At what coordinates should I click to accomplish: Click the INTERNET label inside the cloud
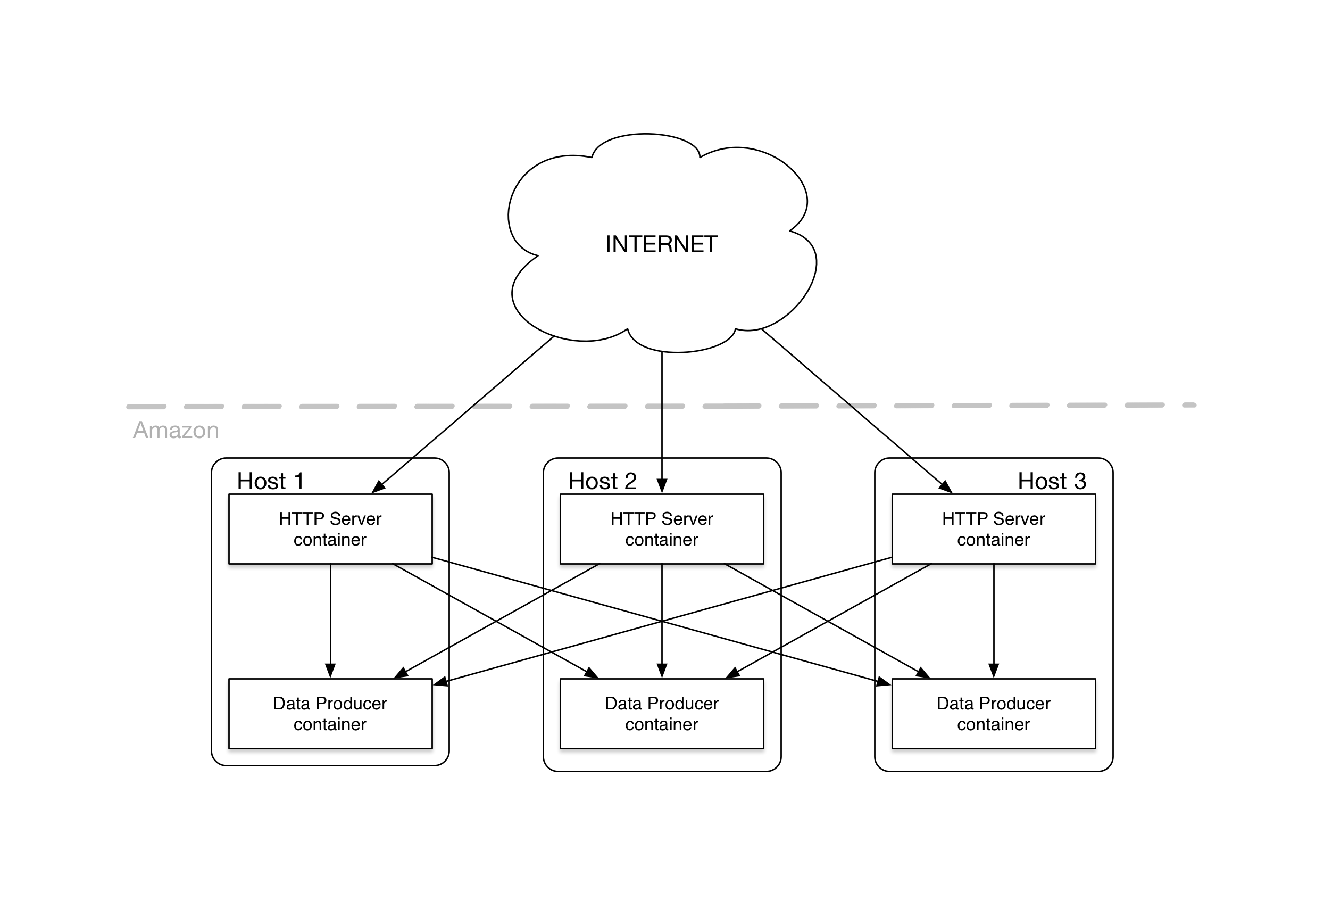[661, 244]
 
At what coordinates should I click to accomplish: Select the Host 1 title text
[270, 481]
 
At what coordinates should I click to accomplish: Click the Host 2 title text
[602, 481]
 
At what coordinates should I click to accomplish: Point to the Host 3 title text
[1052, 481]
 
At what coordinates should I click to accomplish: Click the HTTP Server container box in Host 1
[330, 529]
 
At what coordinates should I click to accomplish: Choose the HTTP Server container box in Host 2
[661, 529]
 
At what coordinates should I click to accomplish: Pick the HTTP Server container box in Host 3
[993, 529]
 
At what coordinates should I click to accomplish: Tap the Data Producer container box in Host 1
[330, 714]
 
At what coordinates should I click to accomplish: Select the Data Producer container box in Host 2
[661, 714]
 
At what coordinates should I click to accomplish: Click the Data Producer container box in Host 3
[993, 714]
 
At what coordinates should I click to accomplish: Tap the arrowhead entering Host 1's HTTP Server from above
[377, 488]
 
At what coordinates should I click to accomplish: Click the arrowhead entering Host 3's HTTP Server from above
[946, 487]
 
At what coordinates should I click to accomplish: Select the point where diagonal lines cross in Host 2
[661, 621]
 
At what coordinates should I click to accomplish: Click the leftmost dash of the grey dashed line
[146, 407]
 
